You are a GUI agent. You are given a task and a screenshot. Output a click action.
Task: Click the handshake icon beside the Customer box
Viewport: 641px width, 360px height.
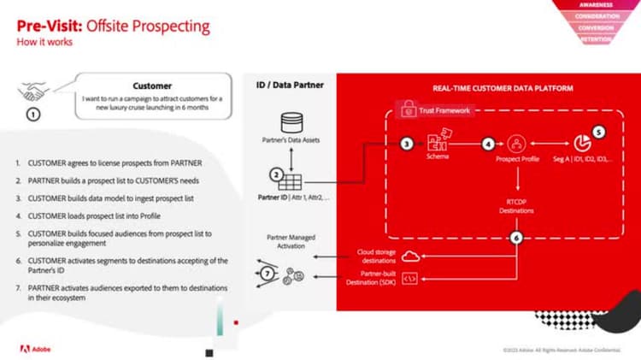[x=33, y=92]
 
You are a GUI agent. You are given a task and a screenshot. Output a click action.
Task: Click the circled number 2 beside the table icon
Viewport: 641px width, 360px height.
[x=276, y=174]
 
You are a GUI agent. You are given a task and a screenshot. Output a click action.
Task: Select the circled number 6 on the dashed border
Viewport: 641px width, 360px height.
[x=515, y=239]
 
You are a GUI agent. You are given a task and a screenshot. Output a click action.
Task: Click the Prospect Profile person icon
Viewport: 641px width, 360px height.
[x=515, y=144]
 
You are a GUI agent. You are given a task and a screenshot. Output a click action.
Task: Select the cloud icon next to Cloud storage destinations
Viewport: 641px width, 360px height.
[x=409, y=256]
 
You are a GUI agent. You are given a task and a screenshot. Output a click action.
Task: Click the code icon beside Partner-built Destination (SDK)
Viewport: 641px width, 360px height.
[x=409, y=277]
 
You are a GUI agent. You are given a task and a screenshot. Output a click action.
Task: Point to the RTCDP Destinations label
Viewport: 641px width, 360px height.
[x=515, y=204]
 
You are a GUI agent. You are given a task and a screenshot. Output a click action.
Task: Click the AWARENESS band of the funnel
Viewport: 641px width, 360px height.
[x=596, y=4]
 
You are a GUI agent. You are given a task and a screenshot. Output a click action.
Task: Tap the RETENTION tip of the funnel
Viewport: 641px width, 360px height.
[x=596, y=39]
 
